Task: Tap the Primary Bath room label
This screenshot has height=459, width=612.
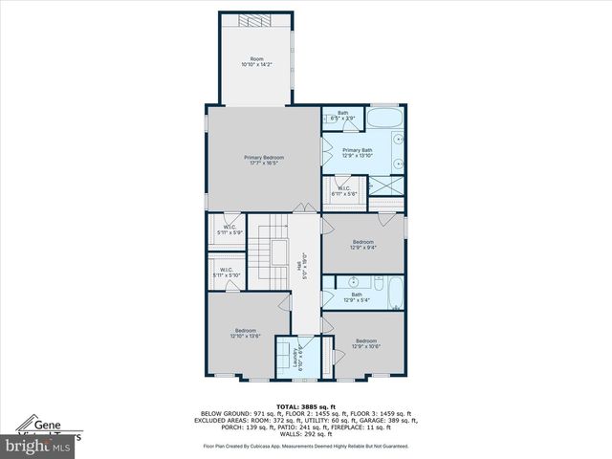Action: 358,153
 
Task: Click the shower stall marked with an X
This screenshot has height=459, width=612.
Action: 384,185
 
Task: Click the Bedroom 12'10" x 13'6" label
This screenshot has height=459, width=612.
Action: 246,333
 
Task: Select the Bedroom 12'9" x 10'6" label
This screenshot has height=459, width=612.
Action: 367,343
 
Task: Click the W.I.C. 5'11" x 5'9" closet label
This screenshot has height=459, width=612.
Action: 230,230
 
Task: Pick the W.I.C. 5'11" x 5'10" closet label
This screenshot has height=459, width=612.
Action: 227,273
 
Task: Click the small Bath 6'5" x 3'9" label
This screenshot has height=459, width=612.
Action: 343,116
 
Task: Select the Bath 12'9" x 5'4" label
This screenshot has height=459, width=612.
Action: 358,297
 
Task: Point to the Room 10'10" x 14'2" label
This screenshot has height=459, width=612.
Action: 255,62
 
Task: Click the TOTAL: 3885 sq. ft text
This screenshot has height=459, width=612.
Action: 305,406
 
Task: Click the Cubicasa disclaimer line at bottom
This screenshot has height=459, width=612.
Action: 305,446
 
